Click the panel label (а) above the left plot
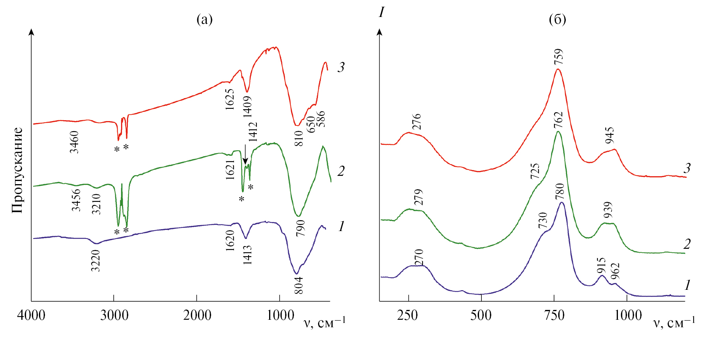(x=204, y=19)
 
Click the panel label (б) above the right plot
(x=557, y=19)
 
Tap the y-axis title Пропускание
(x=17, y=170)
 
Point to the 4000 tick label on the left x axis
(x=31, y=315)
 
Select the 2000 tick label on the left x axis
(x=197, y=315)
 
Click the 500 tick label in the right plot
(x=481, y=315)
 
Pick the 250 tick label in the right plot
(x=408, y=315)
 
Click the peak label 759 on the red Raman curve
(x=558, y=57)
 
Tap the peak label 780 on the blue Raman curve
(x=560, y=192)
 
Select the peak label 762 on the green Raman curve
(x=558, y=120)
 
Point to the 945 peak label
(x=610, y=135)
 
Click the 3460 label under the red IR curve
(x=74, y=142)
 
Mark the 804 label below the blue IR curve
(x=299, y=285)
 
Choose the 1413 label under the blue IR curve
(x=247, y=254)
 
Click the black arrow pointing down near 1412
(x=245, y=154)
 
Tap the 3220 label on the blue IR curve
(x=96, y=261)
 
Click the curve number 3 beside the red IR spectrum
(x=341, y=67)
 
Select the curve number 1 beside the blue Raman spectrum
(x=687, y=285)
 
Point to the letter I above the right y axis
(x=381, y=13)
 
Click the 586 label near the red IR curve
(x=322, y=119)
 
